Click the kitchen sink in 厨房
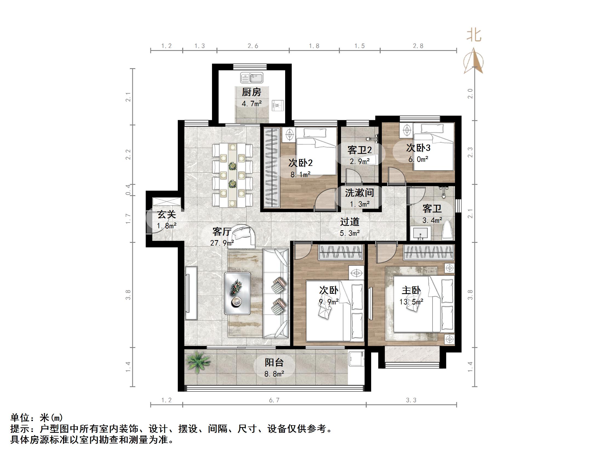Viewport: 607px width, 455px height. coord(252,78)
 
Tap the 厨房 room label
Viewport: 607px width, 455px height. coord(251,92)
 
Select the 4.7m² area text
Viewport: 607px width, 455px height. coord(251,104)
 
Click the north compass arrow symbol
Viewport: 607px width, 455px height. coord(473,61)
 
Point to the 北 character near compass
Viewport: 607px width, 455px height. coord(474,36)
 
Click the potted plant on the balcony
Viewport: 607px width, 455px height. coord(198,361)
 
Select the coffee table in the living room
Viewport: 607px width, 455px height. coord(237,293)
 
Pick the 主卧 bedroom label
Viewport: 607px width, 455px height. coord(411,290)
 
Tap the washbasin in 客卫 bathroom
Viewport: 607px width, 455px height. coord(420,233)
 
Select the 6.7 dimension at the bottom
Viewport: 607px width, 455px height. coord(274,400)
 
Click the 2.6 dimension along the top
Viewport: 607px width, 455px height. coord(253,46)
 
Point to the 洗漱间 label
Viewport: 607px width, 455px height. coord(359,193)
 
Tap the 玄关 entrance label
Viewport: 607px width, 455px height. coord(167,214)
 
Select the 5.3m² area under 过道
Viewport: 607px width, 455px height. coord(350,233)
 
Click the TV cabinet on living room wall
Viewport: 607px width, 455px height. coord(191,293)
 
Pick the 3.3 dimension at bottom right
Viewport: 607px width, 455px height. coord(411,400)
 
